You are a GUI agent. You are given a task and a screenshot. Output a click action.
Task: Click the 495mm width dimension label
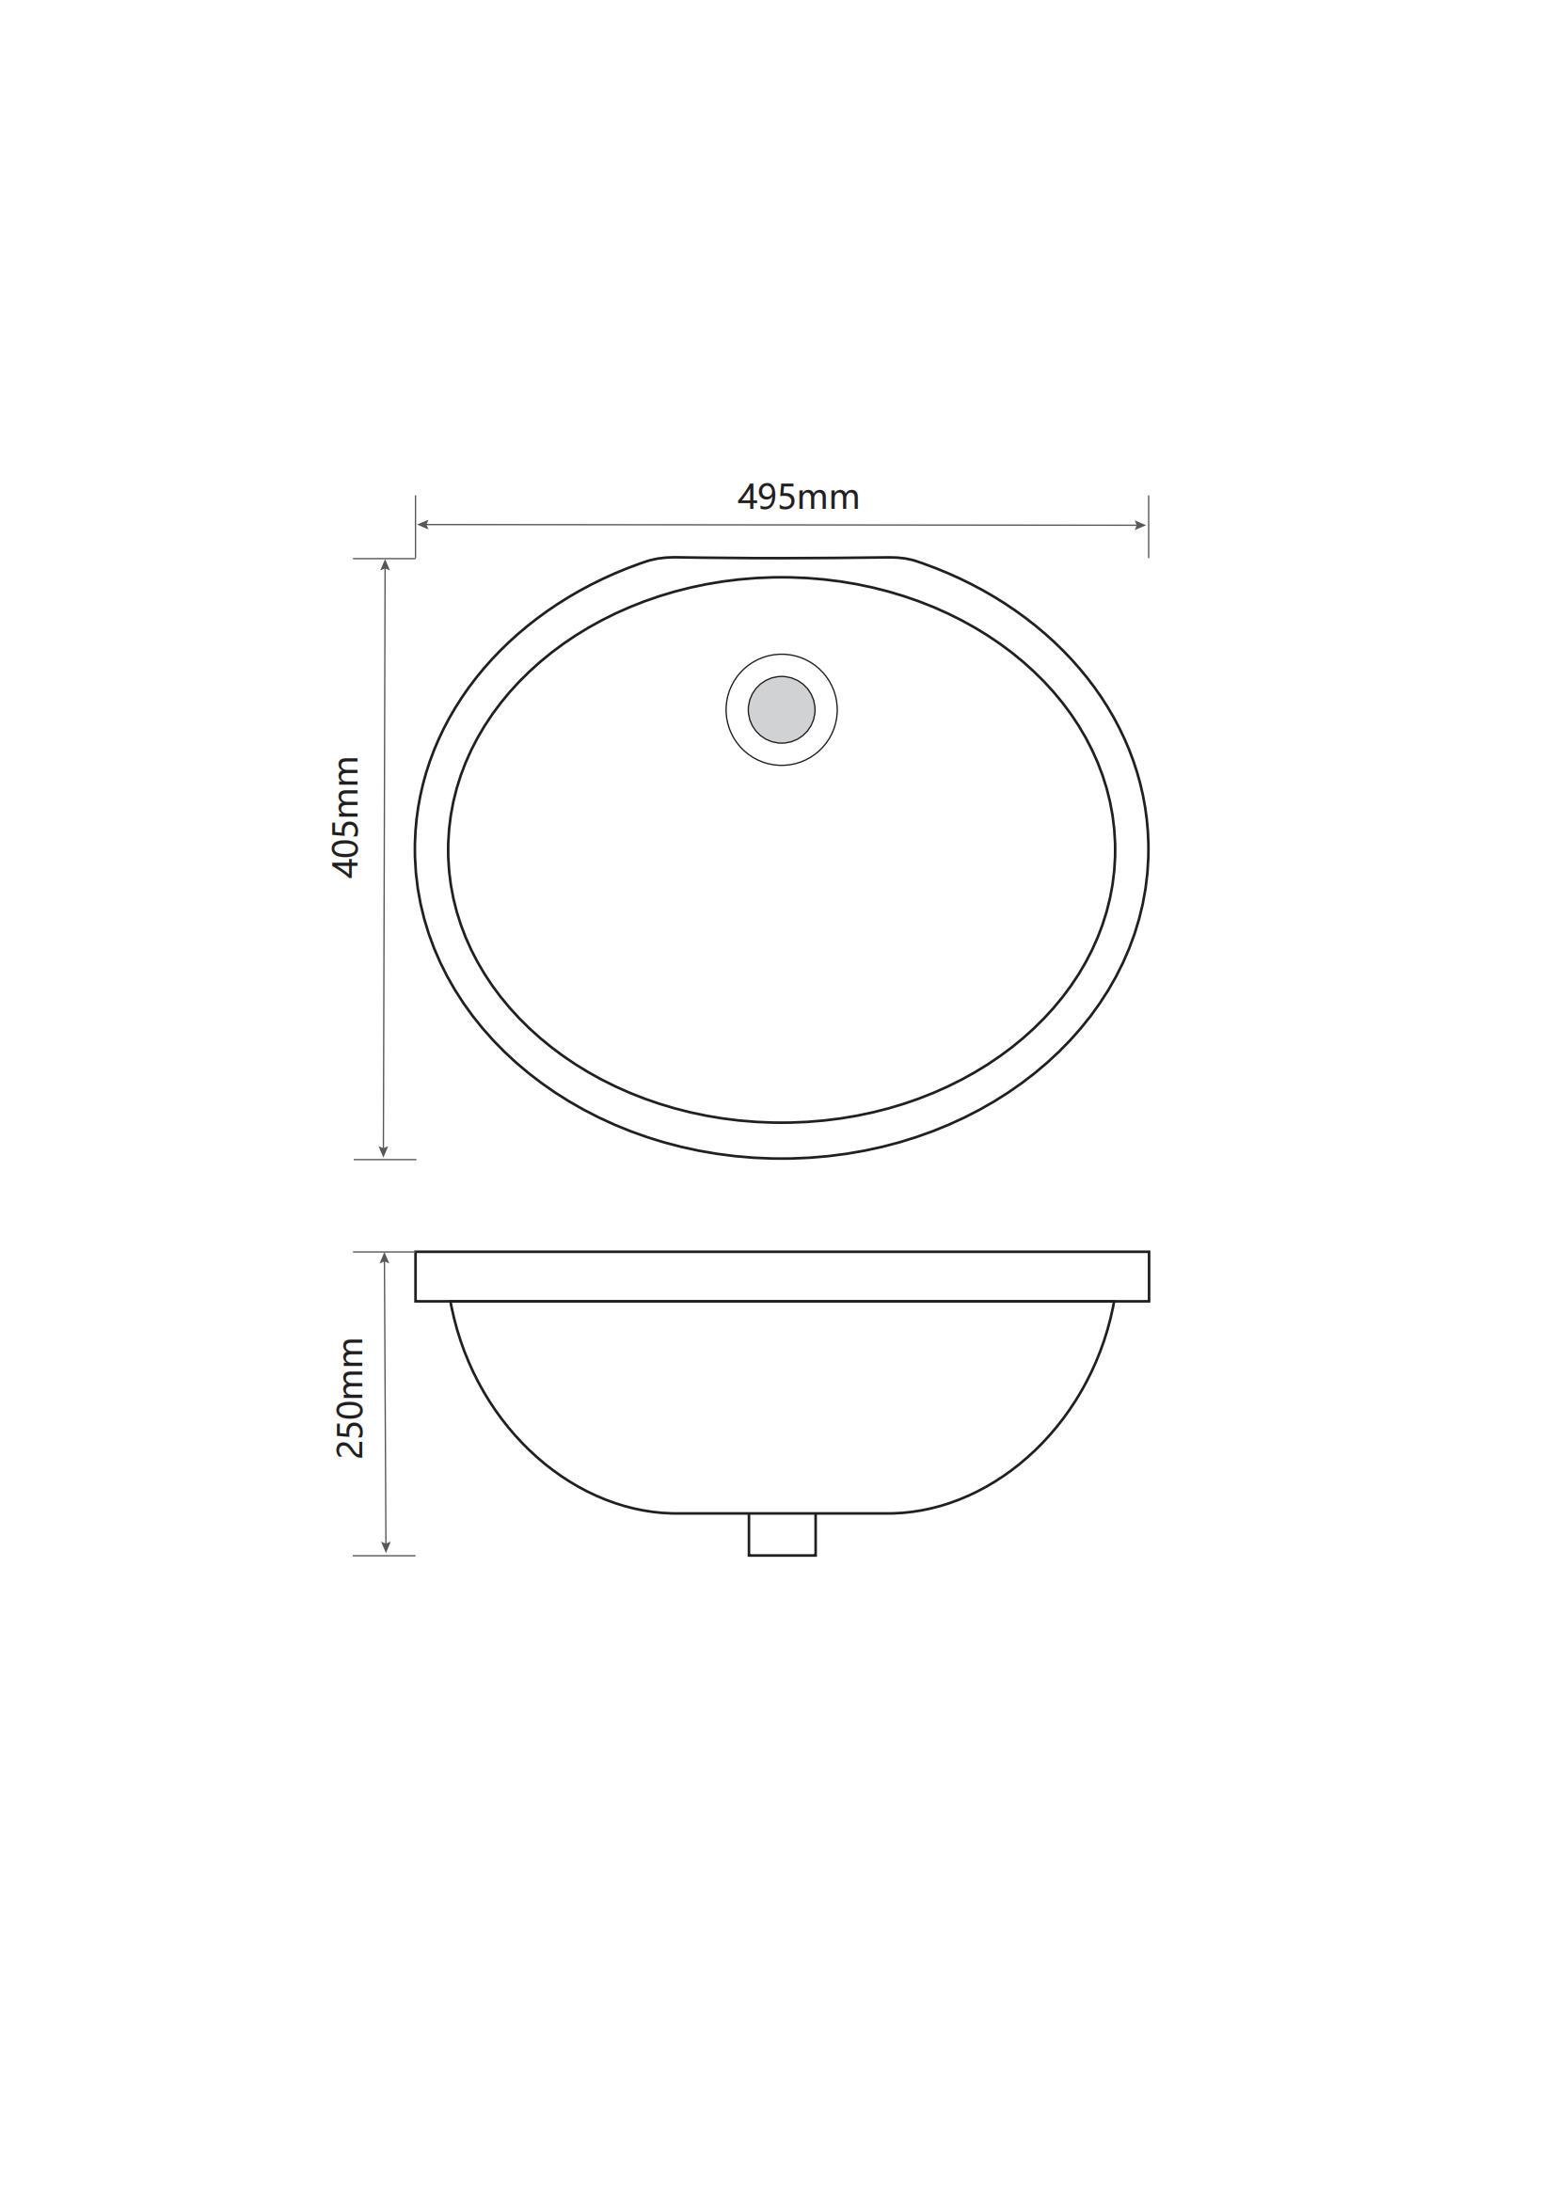(798, 498)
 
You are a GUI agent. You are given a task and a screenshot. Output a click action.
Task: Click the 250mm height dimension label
(350, 1398)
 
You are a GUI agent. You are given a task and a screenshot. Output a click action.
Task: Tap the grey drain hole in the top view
(781, 709)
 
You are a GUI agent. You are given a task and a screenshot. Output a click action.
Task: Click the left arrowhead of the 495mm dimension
(422, 524)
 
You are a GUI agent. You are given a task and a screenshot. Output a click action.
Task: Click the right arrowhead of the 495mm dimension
(1140, 524)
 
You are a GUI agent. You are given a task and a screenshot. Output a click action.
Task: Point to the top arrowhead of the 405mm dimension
(384, 565)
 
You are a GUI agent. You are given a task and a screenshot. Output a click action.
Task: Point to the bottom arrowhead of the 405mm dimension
(383, 1152)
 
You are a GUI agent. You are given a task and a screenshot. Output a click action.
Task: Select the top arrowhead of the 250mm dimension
(384, 1258)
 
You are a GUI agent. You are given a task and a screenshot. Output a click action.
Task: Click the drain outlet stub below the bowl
(781, 1534)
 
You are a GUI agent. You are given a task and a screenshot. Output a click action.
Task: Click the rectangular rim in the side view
(781, 1276)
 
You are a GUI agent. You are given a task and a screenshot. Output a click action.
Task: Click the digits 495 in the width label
(767, 498)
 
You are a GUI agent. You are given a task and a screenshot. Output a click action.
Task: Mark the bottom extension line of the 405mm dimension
(384, 1160)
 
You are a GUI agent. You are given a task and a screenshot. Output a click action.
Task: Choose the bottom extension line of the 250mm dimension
(383, 1555)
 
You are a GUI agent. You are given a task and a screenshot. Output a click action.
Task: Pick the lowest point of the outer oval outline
(781, 1159)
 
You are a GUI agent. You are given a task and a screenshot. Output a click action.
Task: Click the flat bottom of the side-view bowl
(781, 1513)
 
